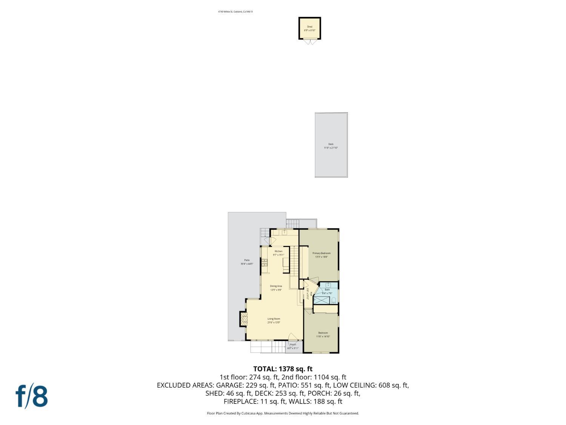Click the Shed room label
pos(309,27)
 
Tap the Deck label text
pos(331,144)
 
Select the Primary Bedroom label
pos(321,253)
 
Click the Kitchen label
pos(278,251)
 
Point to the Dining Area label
pos(276,286)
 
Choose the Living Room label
pos(274,319)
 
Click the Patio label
pos(247,260)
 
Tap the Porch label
pos(293,345)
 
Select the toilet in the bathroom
pos(334,300)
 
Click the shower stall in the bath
pos(321,300)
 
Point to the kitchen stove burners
pos(265,263)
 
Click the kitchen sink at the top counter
pos(285,232)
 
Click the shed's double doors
pos(310,42)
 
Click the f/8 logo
pos(32,396)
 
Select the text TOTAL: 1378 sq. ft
pos(283,369)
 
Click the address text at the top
pos(235,12)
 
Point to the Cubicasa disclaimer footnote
pos(283,413)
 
